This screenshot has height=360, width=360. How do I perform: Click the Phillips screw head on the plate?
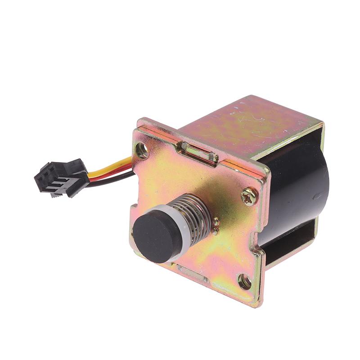click(249, 196)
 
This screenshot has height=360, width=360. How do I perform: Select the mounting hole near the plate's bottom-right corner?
click(244, 282)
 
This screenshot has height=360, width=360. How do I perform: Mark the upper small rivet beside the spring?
click(217, 222)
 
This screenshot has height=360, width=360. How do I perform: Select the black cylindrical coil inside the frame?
click(297, 189)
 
